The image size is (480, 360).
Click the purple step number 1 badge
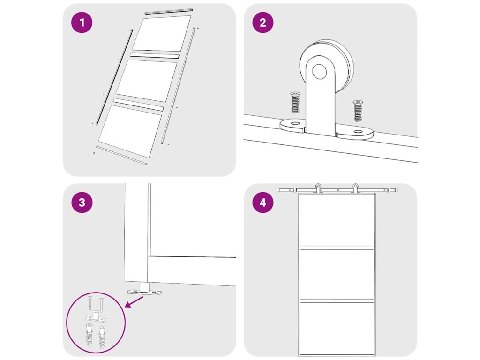click(x=82, y=22)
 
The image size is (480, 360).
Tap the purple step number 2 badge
click(x=263, y=22)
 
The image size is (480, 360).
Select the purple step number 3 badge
click(x=82, y=202)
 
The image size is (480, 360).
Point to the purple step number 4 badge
click(x=263, y=202)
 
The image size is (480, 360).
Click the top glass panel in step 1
click(x=162, y=33)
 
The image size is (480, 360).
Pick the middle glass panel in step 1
click(x=146, y=81)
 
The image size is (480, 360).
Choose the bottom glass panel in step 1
click(x=130, y=131)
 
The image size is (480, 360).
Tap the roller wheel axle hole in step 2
click(x=319, y=71)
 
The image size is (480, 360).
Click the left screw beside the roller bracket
click(x=295, y=102)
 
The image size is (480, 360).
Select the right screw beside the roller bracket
click(x=357, y=111)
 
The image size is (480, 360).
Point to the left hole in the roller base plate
click(x=295, y=123)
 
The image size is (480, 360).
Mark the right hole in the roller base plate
click(x=357, y=132)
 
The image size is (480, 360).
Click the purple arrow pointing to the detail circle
click(x=135, y=301)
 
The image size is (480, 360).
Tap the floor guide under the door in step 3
click(x=144, y=290)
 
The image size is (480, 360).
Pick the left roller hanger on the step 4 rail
click(x=318, y=188)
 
